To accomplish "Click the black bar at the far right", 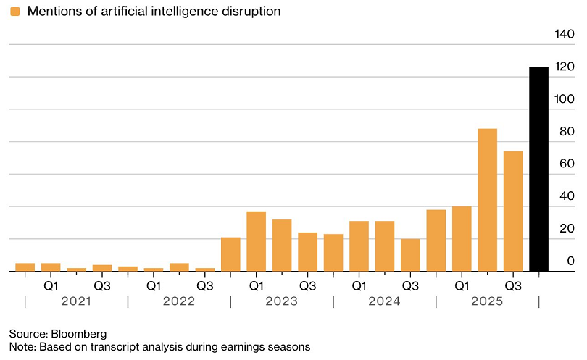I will pyautogui.click(x=538, y=169).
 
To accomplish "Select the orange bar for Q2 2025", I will pyautogui.click(x=487, y=200).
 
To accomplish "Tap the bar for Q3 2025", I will pyautogui.click(x=513, y=212).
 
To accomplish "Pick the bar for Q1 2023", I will pyautogui.click(x=256, y=241).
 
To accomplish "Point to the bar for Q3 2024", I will pyautogui.click(x=410, y=255).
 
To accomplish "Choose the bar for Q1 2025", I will pyautogui.click(x=462, y=239).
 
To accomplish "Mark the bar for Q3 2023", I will pyautogui.click(x=307, y=251).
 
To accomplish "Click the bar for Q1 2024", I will pyautogui.click(x=359, y=246).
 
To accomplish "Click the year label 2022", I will pyautogui.click(x=179, y=301).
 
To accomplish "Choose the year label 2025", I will pyautogui.click(x=487, y=301).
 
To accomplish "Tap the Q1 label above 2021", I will pyautogui.click(x=51, y=285).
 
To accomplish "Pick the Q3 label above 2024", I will pyautogui.click(x=410, y=285).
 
